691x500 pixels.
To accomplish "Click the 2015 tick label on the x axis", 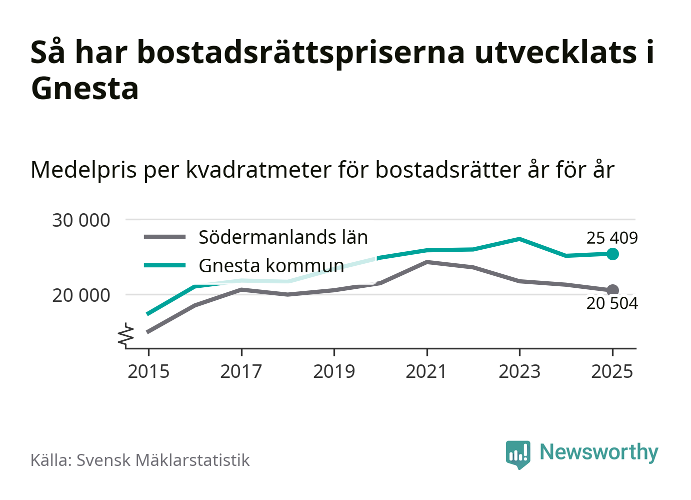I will click(x=148, y=371).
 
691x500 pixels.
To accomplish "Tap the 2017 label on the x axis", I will click(x=241, y=371).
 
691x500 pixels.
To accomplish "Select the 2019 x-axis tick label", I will click(x=334, y=371).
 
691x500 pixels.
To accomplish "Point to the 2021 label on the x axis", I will click(x=426, y=371).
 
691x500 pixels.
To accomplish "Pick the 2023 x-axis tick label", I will click(x=519, y=371).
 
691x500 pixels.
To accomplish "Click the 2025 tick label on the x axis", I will click(x=612, y=371).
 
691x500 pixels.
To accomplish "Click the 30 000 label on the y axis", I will click(x=81, y=220).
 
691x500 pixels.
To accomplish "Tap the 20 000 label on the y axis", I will click(x=81, y=295).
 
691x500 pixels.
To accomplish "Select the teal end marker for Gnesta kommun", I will click(x=612, y=254).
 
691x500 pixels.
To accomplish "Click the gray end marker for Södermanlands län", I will click(x=612, y=290).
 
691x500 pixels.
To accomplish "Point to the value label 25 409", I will click(x=612, y=238).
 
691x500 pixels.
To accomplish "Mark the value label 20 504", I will click(x=612, y=303).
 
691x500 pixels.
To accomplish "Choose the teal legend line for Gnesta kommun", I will click(x=164, y=265).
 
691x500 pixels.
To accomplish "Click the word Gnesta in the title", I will click(x=84, y=89).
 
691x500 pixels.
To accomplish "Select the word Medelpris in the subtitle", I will click(x=83, y=170).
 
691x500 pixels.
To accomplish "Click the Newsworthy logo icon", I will click(x=517, y=454).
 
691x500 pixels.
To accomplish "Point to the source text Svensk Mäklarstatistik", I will click(x=163, y=460).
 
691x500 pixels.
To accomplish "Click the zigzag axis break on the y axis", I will click(x=126, y=335).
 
